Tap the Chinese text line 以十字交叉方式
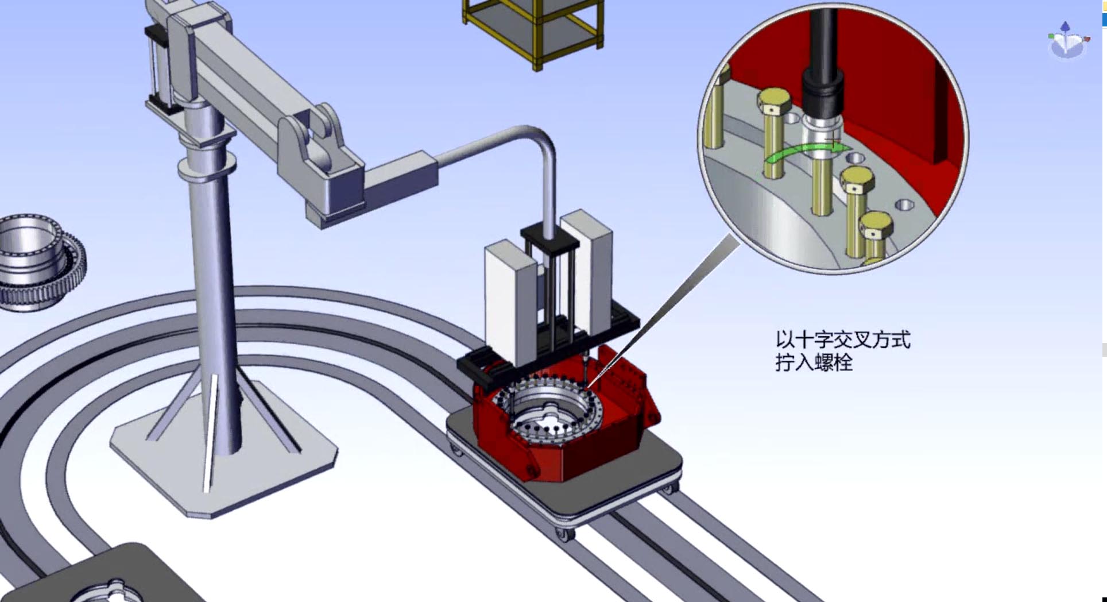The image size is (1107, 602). pos(843,339)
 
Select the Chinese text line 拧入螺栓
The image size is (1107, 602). pos(814,362)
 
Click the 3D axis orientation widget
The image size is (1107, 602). pos(1067,41)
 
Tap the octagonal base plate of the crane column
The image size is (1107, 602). pos(223,454)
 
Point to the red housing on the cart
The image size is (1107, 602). pos(566,414)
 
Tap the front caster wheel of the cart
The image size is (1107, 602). pos(564,534)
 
